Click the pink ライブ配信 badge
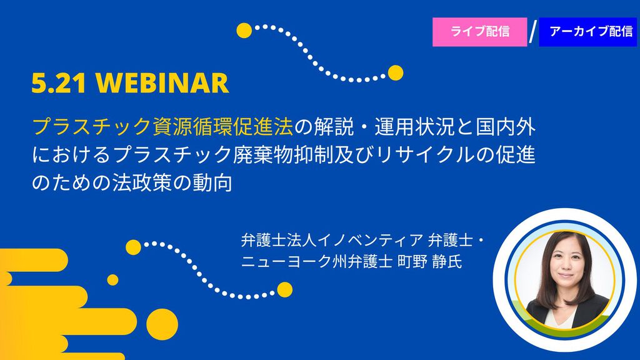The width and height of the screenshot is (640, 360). (x=479, y=32)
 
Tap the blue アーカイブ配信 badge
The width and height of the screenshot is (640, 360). (x=588, y=32)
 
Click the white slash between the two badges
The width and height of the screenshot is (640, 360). (x=532, y=32)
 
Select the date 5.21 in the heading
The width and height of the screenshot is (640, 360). (x=59, y=83)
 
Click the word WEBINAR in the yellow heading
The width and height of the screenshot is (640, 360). (x=162, y=83)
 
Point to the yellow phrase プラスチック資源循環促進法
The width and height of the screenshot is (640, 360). (x=163, y=126)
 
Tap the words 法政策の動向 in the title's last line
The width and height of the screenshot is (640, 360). (x=172, y=182)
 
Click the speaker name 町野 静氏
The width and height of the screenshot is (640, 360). (x=430, y=261)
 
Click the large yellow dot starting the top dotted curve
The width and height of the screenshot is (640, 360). (x=244, y=31)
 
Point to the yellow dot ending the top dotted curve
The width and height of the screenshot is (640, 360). (x=396, y=73)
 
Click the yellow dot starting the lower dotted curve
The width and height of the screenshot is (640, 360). (x=134, y=247)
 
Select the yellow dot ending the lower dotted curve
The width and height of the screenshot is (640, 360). (x=285, y=290)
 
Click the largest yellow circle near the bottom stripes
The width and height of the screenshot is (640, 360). (x=162, y=324)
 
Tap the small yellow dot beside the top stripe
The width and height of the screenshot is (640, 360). (x=112, y=280)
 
